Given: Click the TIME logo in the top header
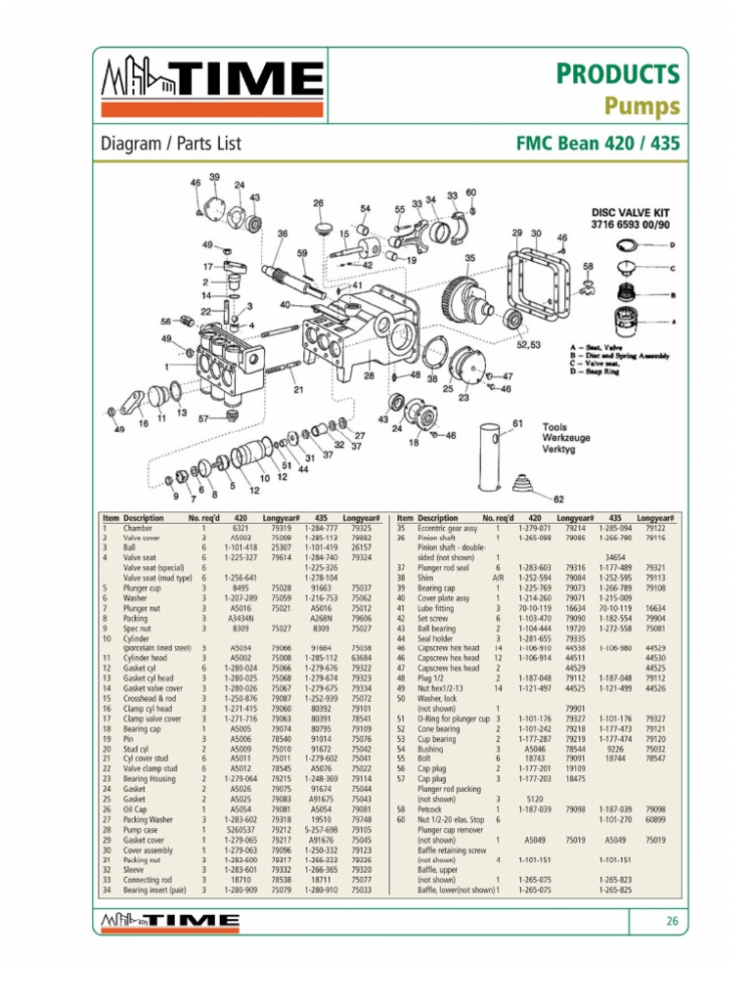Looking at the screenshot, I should pos(213,84).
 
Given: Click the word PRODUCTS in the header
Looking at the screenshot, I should pos(619,73).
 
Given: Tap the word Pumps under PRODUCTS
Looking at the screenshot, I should pos(641,105).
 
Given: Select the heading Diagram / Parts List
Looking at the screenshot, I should pos(171,144).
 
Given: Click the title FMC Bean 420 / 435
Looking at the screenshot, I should pos(597,144).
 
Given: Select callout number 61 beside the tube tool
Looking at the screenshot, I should pos(518,423).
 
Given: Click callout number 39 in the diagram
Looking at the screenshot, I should pos(214,177).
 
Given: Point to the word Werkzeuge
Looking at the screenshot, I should pos(572,439).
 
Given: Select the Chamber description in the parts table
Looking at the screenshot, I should pos(139,528).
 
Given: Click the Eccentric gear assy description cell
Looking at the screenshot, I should pos(449,528).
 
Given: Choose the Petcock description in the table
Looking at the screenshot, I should pos(432,809).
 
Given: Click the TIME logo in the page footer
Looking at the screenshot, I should pos(172,921).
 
